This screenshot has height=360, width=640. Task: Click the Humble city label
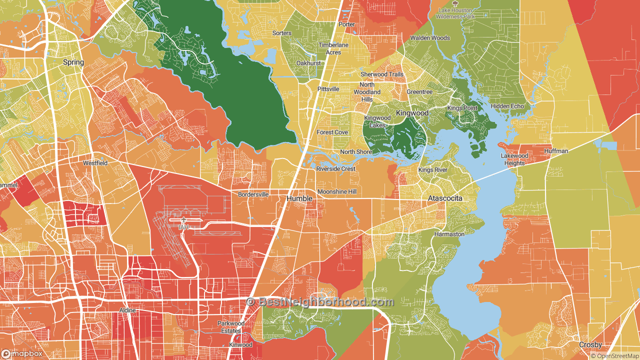tap(299, 198)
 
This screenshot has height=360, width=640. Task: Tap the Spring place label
tap(73, 62)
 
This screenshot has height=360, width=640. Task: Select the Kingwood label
tap(412, 113)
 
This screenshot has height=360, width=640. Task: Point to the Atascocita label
tap(445, 198)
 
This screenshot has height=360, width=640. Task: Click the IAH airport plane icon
tap(184, 220)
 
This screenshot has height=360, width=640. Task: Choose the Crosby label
tap(590, 345)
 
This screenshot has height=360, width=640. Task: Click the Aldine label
tap(127, 310)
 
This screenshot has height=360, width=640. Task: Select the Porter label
tap(346, 24)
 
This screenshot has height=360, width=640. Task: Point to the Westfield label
tap(95, 163)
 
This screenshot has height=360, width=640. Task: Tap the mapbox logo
tap(22, 353)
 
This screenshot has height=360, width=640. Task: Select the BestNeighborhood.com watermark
tap(320, 302)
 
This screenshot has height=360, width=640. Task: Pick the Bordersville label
tap(253, 194)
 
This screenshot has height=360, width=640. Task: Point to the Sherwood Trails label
tap(382, 74)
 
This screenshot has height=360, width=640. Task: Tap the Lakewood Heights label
tap(514, 159)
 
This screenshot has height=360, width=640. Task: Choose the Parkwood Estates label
tap(231, 326)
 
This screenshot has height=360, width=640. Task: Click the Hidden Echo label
tap(507, 106)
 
